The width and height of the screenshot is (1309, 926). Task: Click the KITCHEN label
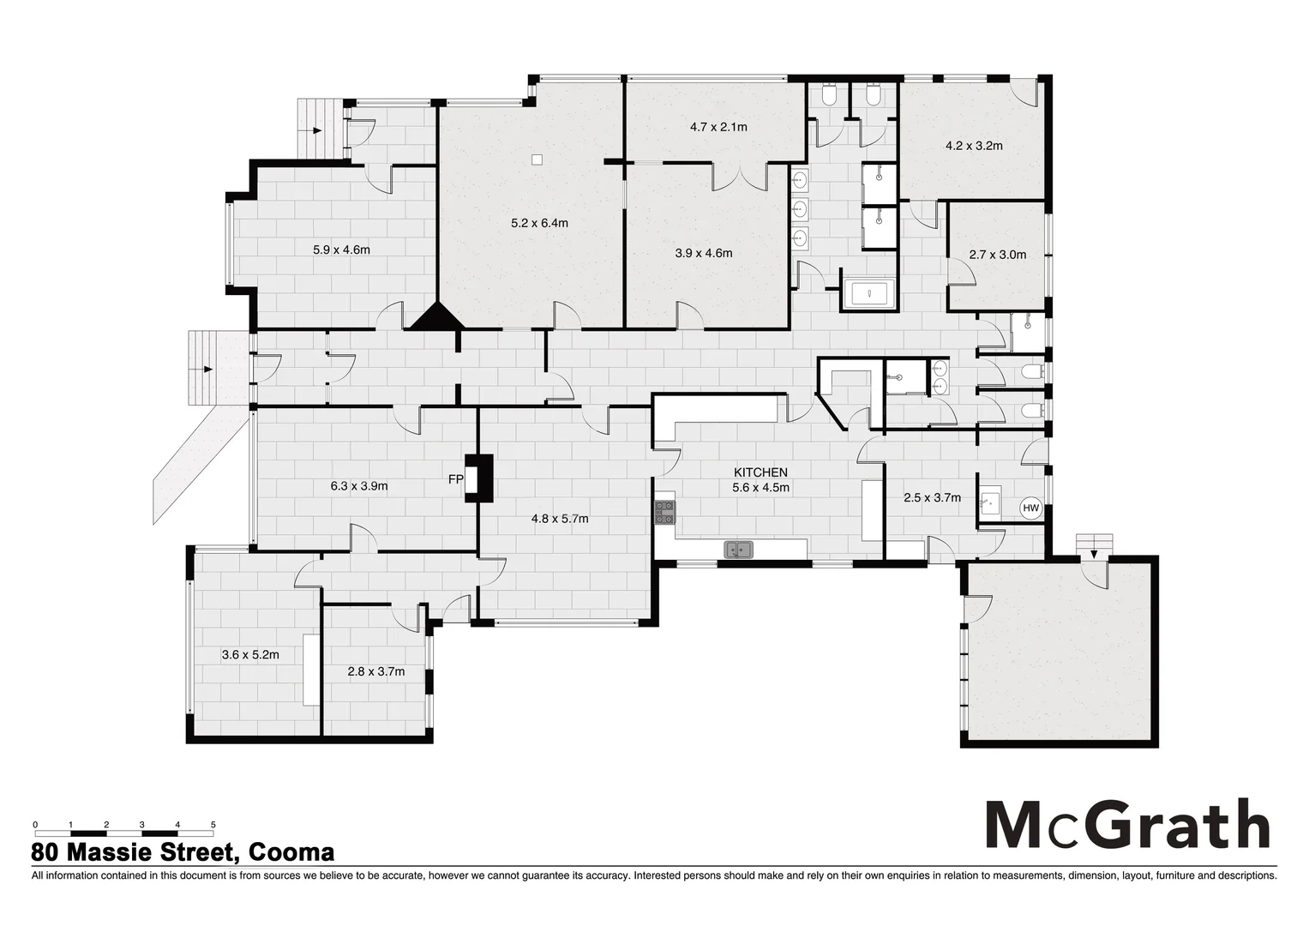tap(760, 472)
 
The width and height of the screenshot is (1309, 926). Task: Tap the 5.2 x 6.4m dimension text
tap(539, 223)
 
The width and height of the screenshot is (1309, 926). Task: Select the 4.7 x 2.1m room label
tap(718, 127)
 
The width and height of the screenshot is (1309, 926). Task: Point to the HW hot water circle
tap(1030, 508)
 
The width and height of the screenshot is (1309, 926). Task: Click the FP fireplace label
tap(455, 479)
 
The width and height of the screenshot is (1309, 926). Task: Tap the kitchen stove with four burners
tap(665, 512)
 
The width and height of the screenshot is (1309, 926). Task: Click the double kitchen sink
tap(738, 550)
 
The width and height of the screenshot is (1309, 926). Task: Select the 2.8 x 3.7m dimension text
tap(375, 671)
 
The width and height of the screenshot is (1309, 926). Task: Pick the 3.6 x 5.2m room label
tap(250, 654)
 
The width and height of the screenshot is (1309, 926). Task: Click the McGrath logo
tap(1126, 825)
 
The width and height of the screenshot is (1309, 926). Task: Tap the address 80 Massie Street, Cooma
tap(183, 853)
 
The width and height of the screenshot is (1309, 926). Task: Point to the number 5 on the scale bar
tap(213, 825)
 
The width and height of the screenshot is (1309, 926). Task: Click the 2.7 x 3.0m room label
tap(997, 255)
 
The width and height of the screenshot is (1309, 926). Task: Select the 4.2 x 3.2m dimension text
tap(974, 146)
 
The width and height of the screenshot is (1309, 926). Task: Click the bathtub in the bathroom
tap(870, 294)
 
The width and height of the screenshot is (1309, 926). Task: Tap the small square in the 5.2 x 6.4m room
tap(537, 159)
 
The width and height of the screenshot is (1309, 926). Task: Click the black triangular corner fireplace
tap(437, 317)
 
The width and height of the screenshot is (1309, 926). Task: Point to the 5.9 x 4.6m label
tap(341, 250)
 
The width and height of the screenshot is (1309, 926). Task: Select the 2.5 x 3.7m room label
tap(932, 497)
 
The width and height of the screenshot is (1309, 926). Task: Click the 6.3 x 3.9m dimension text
tap(359, 486)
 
